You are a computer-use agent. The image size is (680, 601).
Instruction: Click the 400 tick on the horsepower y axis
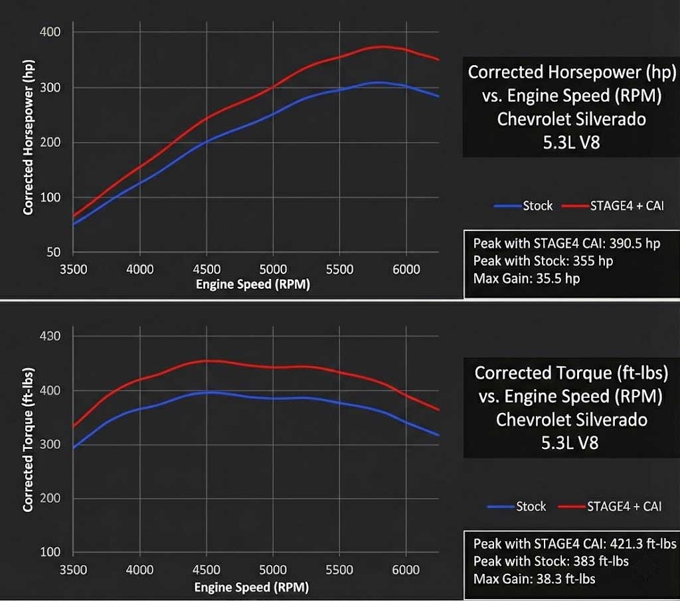pyautogui.click(x=50, y=32)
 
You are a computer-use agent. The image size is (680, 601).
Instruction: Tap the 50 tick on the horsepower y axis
pyautogui.click(x=53, y=252)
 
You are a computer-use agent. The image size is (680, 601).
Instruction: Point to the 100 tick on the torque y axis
pyautogui.click(x=50, y=553)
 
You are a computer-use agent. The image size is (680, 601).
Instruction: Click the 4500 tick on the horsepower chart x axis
pyautogui.click(x=207, y=269)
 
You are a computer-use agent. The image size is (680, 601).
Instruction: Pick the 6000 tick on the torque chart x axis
pyautogui.click(x=406, y=570)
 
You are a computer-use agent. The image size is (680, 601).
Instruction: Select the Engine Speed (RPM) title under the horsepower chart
pyautogui.click(x=252, y=285)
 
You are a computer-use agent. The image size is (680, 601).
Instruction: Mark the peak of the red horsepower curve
pyautogui.click(x=381, y=46)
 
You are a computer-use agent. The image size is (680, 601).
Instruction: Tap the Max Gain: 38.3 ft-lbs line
pyautogui.click(x=534, y=579)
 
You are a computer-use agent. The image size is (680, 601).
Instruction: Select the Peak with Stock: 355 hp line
pyautogui.click(x=543, y=260)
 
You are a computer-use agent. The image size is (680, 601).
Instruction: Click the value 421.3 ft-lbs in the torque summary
pyautogui.click(x=641, y=543)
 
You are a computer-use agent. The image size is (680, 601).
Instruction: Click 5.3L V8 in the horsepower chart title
pyautogui.click(x=571, y=141)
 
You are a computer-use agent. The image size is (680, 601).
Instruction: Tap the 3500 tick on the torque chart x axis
pyautogui.click(x=73, y=570)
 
